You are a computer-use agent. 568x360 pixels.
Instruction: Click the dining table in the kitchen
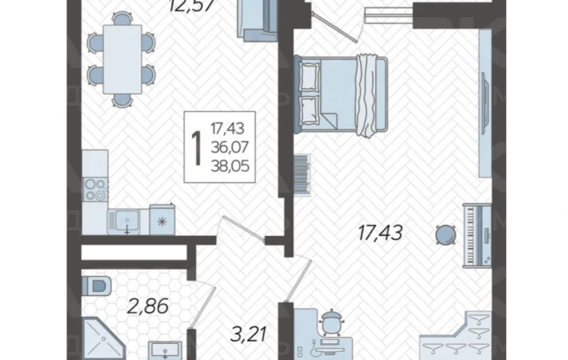pyautogui.click(x=122, y=60)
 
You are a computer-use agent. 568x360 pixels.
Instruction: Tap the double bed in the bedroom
pyautogui.click(x=341, y=96)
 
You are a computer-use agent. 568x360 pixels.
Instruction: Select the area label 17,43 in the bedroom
pyautogui.click(x=380, y=232)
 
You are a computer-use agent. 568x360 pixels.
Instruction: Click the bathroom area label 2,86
pyautogui.click(x=148, y=306)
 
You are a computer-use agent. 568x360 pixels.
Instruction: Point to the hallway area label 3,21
pyautogui.click(x=249, y=334)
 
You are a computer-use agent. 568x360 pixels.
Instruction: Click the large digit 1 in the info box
pyautogui.click(x=197, y=148)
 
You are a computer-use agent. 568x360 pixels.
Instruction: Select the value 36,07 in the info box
pyautogui.click(x=230, y=147)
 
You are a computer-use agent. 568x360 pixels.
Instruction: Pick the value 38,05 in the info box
pyautogui.click(x=230, y=166)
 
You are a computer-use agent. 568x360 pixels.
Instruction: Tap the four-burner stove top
pyautogui.click(x=95, y=190)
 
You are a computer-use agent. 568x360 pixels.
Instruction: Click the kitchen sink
pyautogui.click(x=124, y=221)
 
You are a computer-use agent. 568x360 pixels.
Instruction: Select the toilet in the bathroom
pyautogui.click(x=96, y=286)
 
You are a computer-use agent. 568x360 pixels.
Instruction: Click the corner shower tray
pyautogui.click(x=103, y=339)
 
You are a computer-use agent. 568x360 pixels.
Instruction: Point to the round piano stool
pyautogui.click(x=446, y=234)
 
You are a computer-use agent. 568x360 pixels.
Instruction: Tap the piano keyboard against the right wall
pyautogui.click(x=477, y=236)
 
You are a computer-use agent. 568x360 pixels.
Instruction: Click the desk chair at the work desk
pyautogui.click(x=332, y=321)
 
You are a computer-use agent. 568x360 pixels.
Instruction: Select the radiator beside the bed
pyautogui.click(x=302, y=175)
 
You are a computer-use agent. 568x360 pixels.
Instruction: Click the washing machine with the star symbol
pyautogui.click(x=162, y=220)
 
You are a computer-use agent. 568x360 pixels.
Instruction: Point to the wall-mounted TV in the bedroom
pyautogui.click(x=485, y=103)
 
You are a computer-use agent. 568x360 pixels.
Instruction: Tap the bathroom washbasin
pyautogui.click(x=165, y=350)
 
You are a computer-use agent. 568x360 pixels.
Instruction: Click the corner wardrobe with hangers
pyautogui.click(x=457, y=335)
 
